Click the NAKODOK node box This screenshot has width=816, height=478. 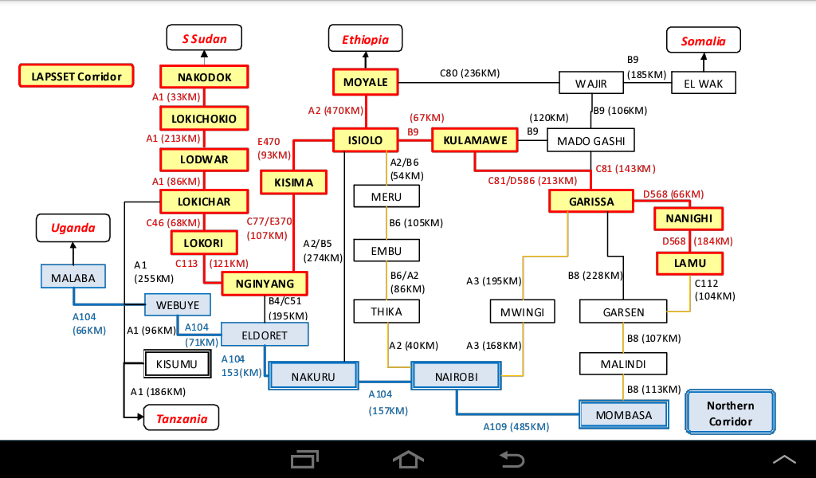click(x=205, y=77)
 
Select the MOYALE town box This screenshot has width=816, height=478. click(x=365, y=82)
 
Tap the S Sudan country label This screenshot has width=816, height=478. click(x=204, y=38)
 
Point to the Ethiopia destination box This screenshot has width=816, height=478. click(x=366, y=39)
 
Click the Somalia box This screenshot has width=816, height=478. click(x=704, y=41)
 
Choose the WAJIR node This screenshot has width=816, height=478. click(x=591, y=83)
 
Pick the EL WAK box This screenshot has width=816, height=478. click(x=704, y=83)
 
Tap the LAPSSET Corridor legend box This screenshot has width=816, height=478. click(x=76, y=76)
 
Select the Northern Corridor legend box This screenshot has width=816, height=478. click(x=730, y=413)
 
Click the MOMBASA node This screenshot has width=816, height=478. click(x=622, y=415)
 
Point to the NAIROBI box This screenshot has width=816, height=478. click(x=457, y=376)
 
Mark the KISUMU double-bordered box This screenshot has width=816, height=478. click(x=176, y=365)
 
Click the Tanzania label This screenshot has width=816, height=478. click(x=182, y=418)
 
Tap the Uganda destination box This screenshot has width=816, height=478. click(x=73, y=228)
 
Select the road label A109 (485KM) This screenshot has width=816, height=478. click(x=516, y=426)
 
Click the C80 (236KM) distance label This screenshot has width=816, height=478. click(x=470, y=73)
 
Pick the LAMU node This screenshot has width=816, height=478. click(x=688, y=263)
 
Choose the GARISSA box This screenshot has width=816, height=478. click(x=591, y=202)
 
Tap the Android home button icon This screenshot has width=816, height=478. click(x=408, y=459)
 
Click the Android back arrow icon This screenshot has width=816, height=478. click(x=511, y=459)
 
